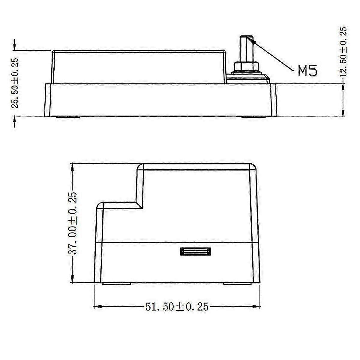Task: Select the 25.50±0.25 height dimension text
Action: [15, 83]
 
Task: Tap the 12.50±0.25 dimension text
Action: [344, 51]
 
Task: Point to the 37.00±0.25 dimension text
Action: [73, 223]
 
